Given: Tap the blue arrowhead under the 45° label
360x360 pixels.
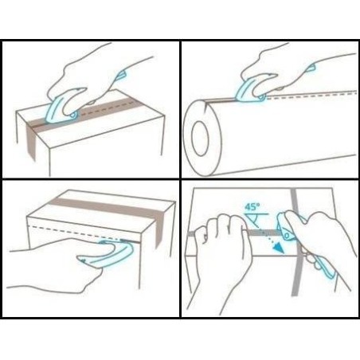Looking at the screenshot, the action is (278, 248).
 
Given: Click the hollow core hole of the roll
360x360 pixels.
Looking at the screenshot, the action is (201, 139).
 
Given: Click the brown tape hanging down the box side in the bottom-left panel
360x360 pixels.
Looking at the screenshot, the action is (159, 229).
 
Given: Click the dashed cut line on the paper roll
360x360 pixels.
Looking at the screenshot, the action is (311, 96).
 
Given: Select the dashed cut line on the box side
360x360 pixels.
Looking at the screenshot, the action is (77, 233).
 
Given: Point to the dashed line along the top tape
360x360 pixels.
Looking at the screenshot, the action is (106, 108).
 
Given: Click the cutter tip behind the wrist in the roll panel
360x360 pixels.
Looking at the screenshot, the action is (311, 68).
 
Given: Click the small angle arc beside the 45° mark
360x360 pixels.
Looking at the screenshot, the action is (256, 221).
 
